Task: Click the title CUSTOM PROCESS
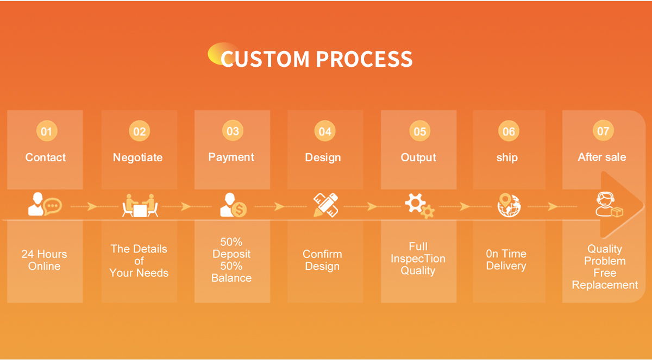coord(316,59)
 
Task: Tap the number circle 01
coord(46,131)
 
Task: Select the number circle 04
coord(325,131)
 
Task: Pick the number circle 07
coord(603,131)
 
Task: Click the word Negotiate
coord(137,157)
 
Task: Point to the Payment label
coord(231,157)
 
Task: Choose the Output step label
coord(418,157)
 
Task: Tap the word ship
coord(507,157)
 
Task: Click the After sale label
coord(602,157)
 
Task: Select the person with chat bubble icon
coord(45,205)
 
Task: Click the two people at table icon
coord(140,205)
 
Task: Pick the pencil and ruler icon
coord(327,205)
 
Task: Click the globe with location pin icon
coord(509,205)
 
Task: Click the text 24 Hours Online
coord(45,260)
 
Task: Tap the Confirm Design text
coord(322,260)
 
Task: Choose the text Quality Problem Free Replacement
coord(605,267)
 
